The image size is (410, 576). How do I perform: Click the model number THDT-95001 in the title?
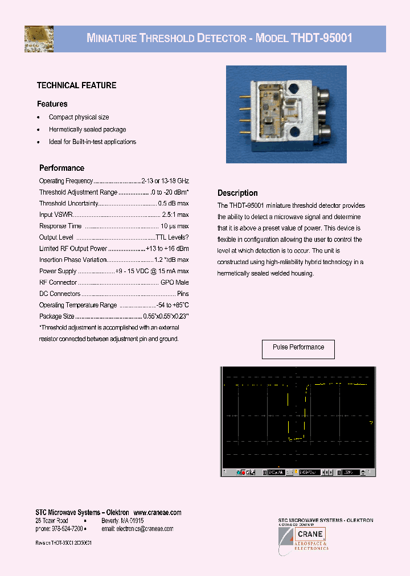click(x=322, y=39)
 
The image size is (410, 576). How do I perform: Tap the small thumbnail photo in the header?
click(x=39, y=39)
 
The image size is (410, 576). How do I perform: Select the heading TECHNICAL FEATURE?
click(x=76, y=85)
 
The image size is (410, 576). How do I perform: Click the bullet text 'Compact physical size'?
click(x=79, y=117)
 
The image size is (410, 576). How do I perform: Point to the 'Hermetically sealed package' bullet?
click(x=87, y=130)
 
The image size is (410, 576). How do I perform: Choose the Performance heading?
click(x=61, y=168)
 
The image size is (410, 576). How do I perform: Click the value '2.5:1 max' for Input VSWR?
click(x=175, y=215)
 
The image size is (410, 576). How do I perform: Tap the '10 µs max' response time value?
click(x=175, y=226)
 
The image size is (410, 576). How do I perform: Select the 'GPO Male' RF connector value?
click(x=174, y=282)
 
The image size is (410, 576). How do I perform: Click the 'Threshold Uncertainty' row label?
click(x=68, y=203)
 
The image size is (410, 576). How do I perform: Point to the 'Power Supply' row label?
click(x=58, y=271)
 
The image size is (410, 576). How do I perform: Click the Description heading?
click(x=237, y=193)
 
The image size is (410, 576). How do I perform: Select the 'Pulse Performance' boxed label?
click(x=298, y=348)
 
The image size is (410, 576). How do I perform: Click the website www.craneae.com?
click(x=158, y=513)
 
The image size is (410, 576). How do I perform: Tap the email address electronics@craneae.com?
click(x=137, y=529)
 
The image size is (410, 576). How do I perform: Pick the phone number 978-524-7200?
click(x=60, y=529)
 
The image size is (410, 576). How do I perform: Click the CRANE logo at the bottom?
click(x=310, y=534)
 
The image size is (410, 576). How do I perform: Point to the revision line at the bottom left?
click(x=64, y=544)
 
